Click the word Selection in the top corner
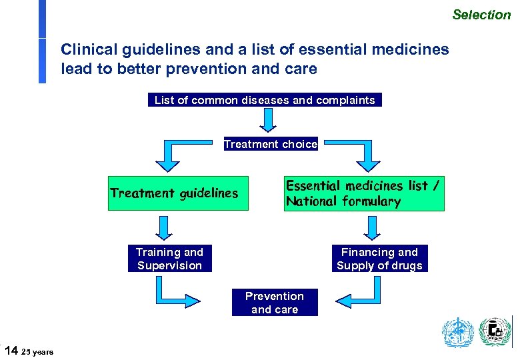click(x=481, y=14)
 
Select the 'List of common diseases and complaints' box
click(x=265, y=100)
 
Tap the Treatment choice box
click(x=271, y=144)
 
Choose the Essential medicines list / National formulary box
click(x=364, y=194)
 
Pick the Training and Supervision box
click(x=169, y=259)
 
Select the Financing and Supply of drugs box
click(x=379, y=259)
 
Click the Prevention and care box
click(x=274, y=303)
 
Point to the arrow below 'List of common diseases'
click(x=268, y=121)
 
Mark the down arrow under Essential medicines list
click(x=372, y=228)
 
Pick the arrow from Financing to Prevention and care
click(x=363, y=292)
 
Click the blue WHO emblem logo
click(x=458, y=333)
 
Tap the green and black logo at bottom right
click(x=495, y=332)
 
